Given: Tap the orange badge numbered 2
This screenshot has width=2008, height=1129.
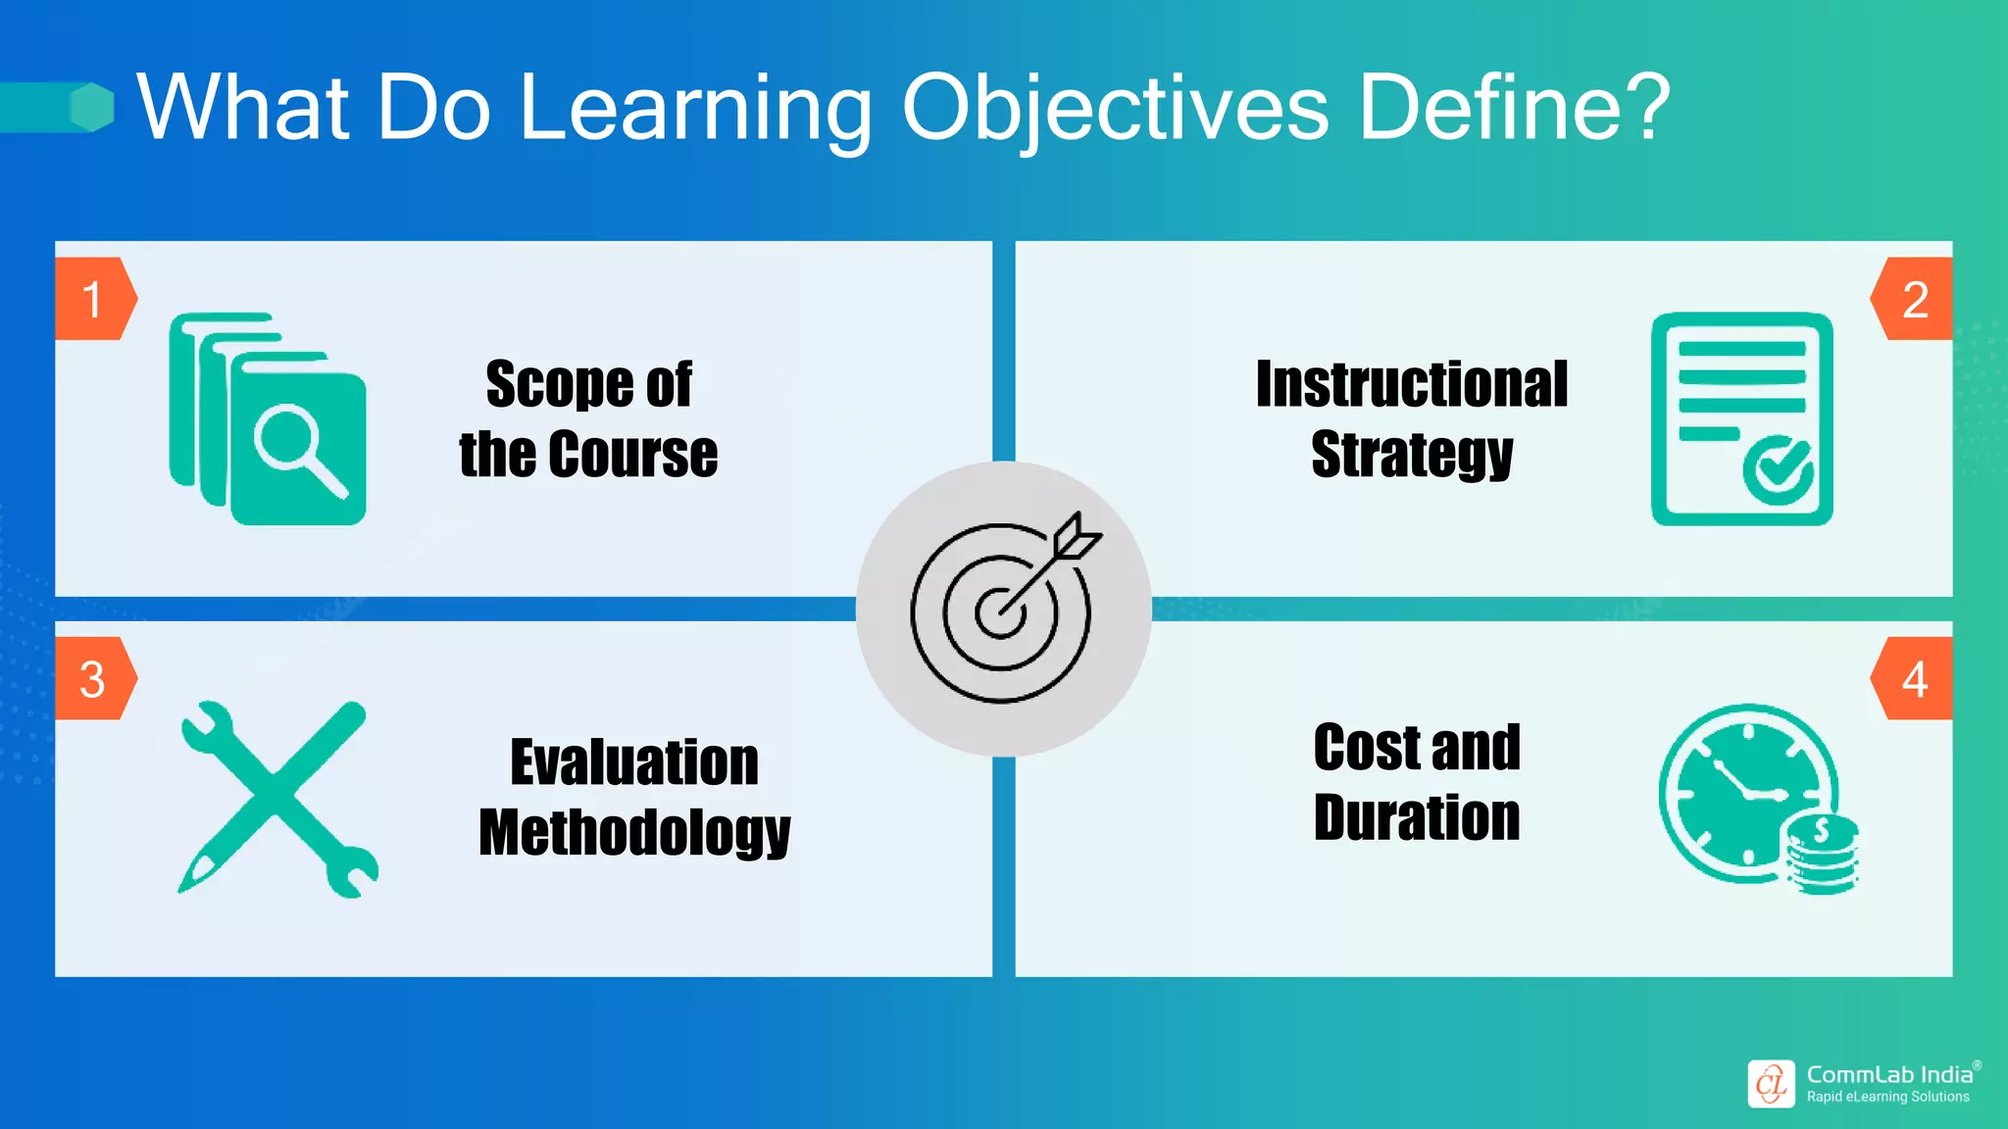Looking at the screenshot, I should click(x=1913, y=299).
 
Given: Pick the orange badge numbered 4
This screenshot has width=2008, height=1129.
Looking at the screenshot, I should click(x=1913, y=679).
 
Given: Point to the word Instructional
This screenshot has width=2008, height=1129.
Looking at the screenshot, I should click(x=1412, y=384).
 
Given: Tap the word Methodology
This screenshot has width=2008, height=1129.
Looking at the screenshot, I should click(x=634, y=833).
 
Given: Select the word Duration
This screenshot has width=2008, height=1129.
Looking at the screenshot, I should click(x=1417, y=817).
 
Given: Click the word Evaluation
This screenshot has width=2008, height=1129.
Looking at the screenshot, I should click(x=634, y=762).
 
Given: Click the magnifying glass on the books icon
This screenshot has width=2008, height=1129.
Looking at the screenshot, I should click(x=294, y=447).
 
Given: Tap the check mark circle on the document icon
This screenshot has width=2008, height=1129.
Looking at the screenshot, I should click(x=1778, y=471).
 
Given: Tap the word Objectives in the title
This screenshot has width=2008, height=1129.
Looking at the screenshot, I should click(x=1115, y=108).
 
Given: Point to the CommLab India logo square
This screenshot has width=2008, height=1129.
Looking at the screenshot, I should click(x=1771, y=1084).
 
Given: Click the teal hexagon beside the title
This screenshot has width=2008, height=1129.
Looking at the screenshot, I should click(x=93, y=107).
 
